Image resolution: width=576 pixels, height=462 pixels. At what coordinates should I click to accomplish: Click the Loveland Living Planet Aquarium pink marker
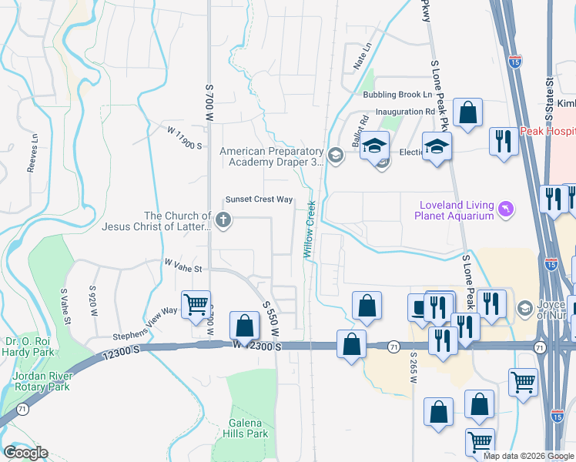pos(505,209)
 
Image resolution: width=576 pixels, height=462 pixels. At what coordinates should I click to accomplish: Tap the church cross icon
pos(223,221)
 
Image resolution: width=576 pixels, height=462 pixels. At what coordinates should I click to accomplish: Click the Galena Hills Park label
pos(248,428)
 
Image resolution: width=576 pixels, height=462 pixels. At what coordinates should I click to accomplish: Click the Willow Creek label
pos(311,229)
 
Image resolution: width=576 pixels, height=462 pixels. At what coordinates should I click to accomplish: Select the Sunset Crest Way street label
pos(258,199)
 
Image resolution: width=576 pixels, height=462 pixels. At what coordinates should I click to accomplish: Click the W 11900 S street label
pos(185,139)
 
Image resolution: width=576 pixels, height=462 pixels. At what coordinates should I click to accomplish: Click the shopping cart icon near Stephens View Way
pos(196,304)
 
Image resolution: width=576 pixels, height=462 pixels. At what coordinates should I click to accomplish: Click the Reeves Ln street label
pos(34,150)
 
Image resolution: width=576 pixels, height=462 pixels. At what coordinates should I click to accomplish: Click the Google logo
pos(25,453)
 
